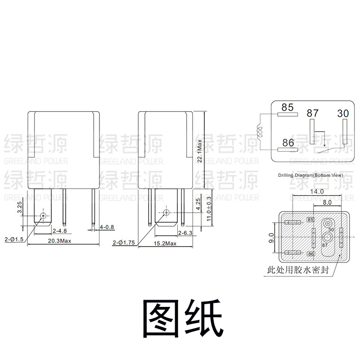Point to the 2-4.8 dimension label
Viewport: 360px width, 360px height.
tap(59, 231)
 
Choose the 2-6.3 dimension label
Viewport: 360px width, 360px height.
tap(185, 233)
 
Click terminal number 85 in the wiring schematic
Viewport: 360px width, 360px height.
tap(287, 107)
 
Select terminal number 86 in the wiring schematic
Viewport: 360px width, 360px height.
tap(287, 143)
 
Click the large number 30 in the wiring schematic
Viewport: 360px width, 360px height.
tap(343, 113)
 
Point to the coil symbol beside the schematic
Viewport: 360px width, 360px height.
tap(260, 131)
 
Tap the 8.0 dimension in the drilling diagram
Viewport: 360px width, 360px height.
tap(327, 202)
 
